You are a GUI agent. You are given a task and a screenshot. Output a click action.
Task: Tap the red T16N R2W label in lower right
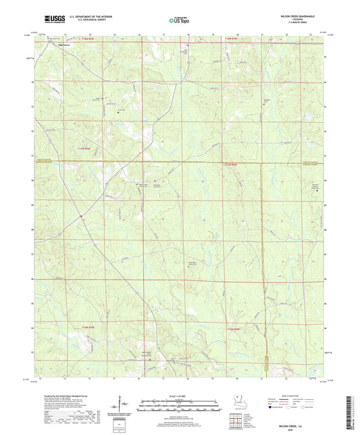(x=233, y=328)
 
